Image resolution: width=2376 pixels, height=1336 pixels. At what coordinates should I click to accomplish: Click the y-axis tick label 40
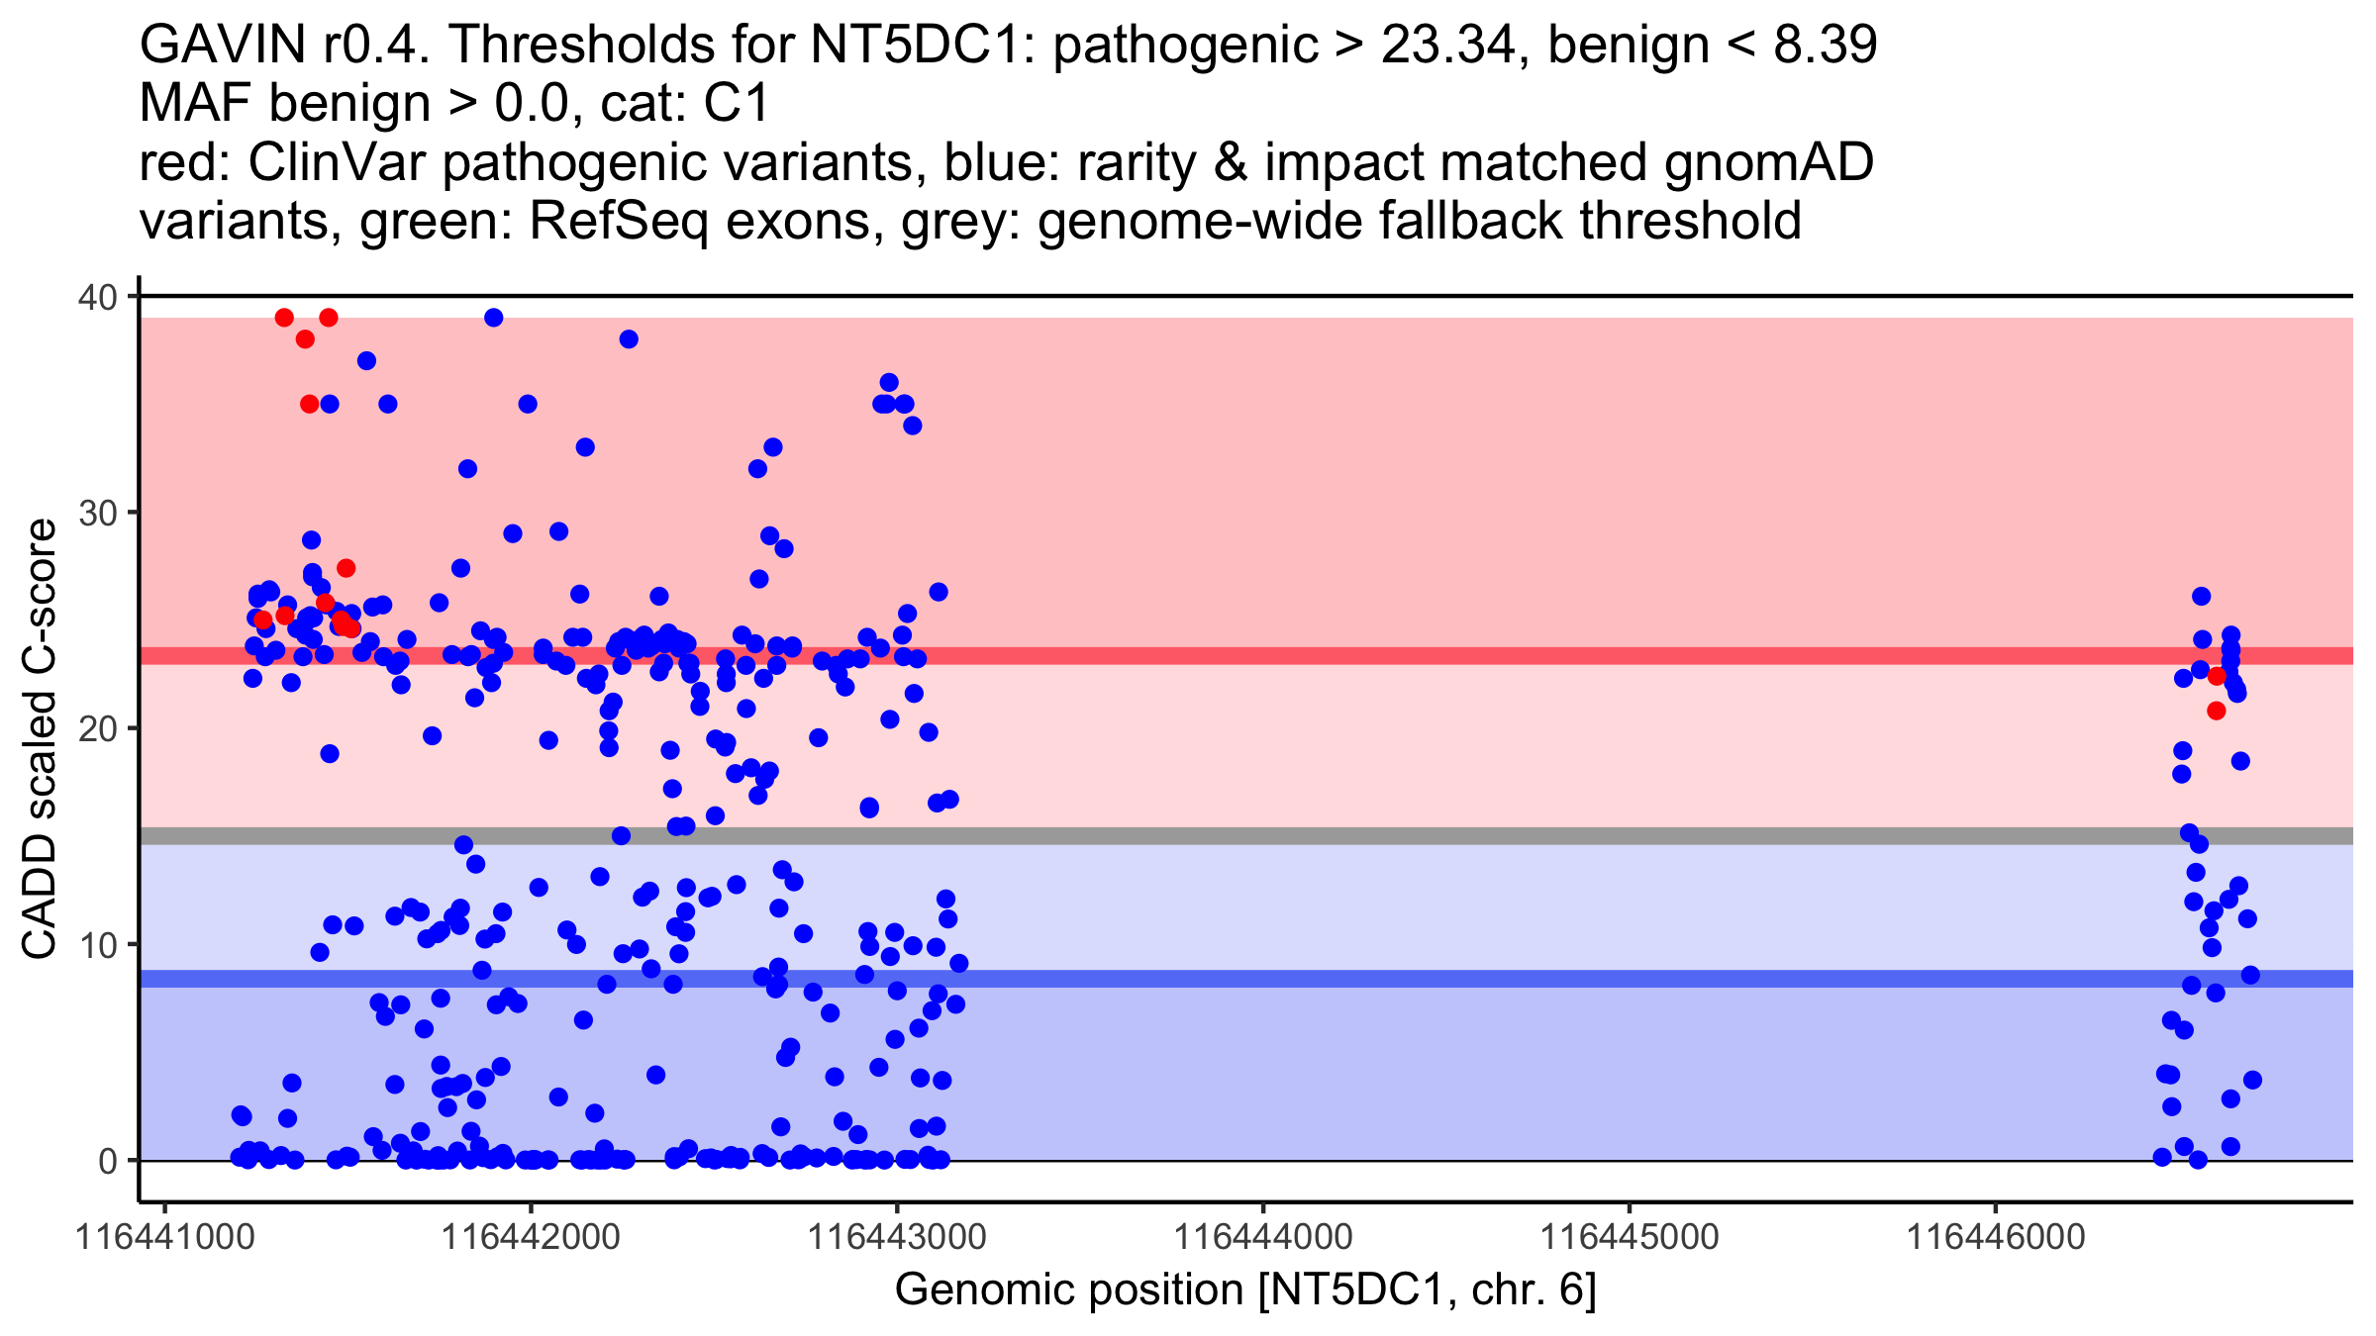(x=96, y=297)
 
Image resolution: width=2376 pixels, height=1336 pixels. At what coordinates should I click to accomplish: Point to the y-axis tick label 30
(x=96, y=513)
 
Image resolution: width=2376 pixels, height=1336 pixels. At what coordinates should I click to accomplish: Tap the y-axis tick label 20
(x=96, y=728)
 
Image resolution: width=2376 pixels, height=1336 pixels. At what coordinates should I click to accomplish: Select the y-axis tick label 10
(x=96, y=944)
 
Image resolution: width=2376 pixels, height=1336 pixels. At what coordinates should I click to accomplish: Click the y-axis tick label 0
(x=107, y=1161)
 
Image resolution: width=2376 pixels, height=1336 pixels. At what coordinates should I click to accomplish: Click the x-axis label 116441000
(x=165, y=1237)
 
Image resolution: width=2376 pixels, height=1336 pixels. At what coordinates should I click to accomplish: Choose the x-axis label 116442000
(x=531, y=1237)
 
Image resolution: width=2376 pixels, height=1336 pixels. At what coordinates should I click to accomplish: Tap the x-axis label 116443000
(x=897, y=1237)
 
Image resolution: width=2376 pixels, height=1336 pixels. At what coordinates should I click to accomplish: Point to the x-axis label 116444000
(x=1263, y=1237)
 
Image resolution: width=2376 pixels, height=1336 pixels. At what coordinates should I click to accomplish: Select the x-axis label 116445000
(x=1629, y=1237)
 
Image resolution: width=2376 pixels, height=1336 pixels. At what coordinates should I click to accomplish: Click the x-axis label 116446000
(x=1995, y=1237)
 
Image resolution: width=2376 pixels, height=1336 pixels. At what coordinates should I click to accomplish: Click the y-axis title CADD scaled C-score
(x=40, y=740)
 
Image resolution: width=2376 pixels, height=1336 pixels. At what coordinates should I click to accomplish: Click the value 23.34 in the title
(x=1451, y=45)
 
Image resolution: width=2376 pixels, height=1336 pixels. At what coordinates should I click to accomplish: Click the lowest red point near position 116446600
(x=2216, y=711)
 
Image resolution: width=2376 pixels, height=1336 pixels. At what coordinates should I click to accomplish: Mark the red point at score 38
(x=305, y=339)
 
